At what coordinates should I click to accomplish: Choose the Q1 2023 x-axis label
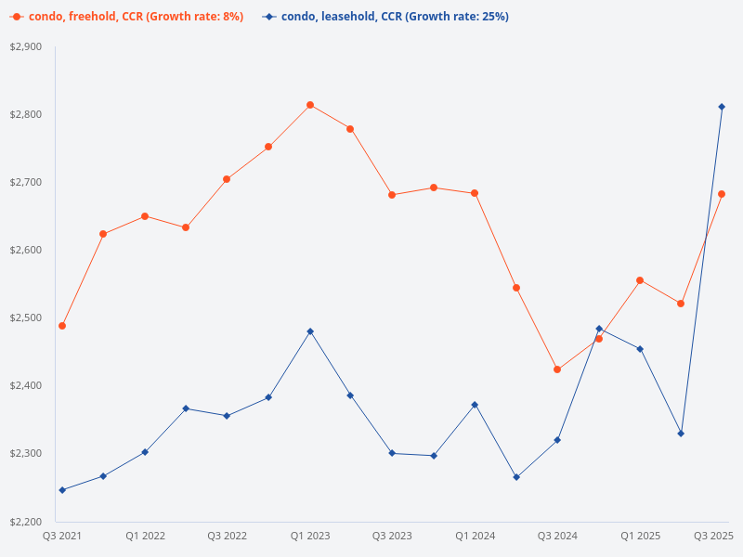(x=310, y=536)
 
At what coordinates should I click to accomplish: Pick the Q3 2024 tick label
(x=557, y=536)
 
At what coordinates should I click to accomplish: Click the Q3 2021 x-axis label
(x=62, y=536)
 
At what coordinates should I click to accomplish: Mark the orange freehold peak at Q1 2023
(x=310, y=105)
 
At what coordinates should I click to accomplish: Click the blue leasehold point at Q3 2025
(x=722, y=107)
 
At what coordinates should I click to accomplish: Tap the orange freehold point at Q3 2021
(x=62, y=326)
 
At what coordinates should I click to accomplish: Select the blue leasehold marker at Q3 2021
(x=62, y=490)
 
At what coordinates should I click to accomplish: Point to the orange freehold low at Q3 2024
(x=557, y=369)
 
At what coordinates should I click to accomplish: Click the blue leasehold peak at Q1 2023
(x=310, y=331)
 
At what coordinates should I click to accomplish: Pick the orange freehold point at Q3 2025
(x=722, y=194)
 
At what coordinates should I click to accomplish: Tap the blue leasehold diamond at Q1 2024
(x=475, y=405)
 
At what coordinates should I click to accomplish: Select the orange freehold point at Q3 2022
(x=227, y=179)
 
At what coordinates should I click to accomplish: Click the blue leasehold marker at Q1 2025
(x=640, y=349)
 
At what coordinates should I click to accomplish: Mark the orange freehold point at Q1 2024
(x=475, y=193)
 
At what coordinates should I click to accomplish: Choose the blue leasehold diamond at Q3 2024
(x=557, y=440)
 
